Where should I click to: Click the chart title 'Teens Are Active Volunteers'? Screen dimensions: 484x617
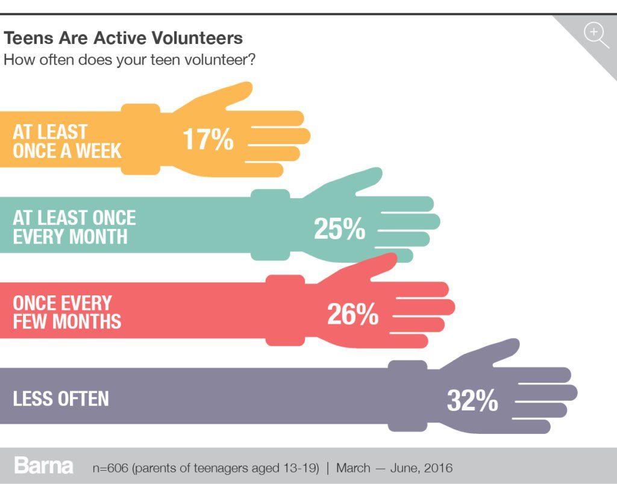pos(124,39)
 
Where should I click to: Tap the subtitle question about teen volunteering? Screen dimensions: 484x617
pos(130,60)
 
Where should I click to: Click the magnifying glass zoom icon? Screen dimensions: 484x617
pos(595,33)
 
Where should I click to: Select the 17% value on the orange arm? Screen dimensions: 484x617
pos(208,139)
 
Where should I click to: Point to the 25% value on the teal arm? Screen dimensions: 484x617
pos(339,229)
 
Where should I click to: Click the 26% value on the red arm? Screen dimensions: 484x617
pos(352,314)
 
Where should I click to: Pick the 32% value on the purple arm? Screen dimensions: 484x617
pos(472,400)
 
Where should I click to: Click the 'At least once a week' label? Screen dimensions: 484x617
pos(67,141)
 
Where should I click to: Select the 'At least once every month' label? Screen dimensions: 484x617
pos(74,227)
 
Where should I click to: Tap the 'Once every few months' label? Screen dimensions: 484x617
pos(67,312)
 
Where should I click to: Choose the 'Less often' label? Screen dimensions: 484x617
pos(61,398)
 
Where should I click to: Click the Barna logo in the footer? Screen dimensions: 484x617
pos(43,466)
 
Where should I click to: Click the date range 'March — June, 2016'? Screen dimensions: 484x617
pos(394,468)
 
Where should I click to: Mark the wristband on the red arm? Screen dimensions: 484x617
pos(285,310)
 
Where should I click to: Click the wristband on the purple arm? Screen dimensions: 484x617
pos(407,396)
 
